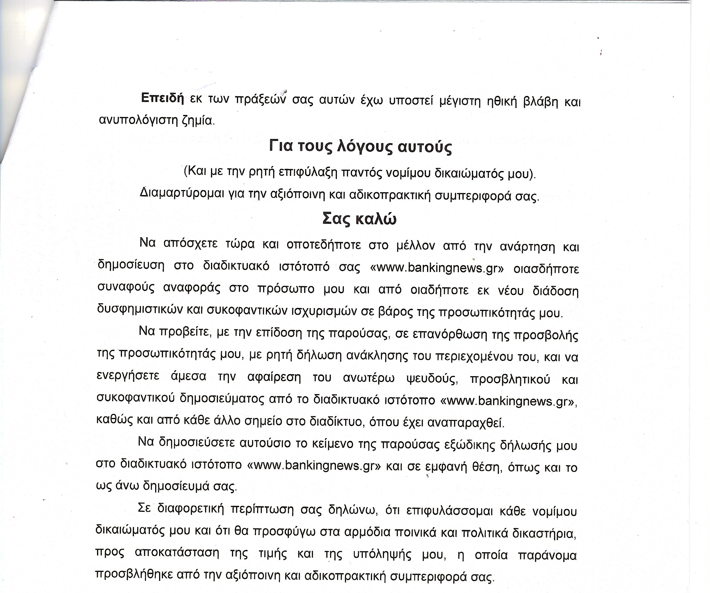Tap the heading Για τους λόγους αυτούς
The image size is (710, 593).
360,147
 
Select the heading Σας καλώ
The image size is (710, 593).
359,219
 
